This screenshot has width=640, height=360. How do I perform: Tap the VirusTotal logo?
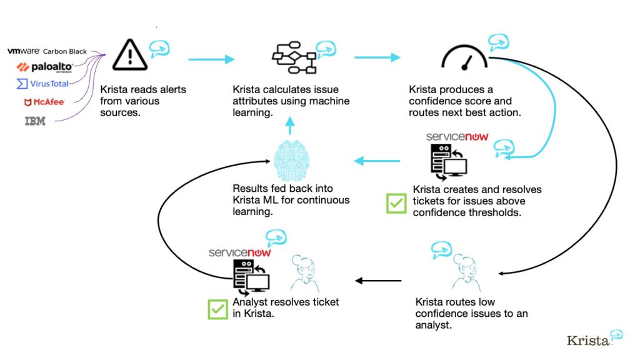click(42, 84)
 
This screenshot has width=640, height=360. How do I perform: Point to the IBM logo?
click(35, 121)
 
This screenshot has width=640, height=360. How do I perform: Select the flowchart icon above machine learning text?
click(294, 59)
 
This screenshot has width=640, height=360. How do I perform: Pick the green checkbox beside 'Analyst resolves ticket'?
click(217, 309)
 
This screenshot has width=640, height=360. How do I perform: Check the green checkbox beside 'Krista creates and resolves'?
click(396, 204)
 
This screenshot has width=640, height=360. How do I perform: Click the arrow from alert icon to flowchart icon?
click(211, 59)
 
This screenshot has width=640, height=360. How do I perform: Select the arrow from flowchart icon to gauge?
click(377, 57)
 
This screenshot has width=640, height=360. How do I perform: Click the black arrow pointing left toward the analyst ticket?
click(378, 281)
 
